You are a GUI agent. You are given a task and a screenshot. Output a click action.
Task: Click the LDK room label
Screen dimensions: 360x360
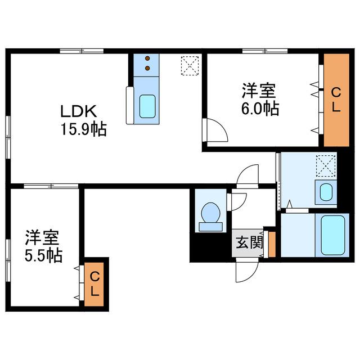point(78,111)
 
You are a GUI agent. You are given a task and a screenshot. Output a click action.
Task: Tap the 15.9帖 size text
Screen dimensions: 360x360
point(84,129)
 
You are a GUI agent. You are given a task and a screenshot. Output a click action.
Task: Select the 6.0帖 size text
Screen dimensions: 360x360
point(260,109)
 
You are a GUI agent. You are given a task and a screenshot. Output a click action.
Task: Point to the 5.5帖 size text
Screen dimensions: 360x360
point(43,255)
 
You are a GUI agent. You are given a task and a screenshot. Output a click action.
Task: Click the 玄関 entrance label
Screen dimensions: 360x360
point(249,242)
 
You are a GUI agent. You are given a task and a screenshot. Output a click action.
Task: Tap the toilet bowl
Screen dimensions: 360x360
point(210,213)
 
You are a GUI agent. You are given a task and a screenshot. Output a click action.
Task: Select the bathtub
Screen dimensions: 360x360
point(332,235)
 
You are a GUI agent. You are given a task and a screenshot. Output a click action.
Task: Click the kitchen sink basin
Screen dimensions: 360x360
point(147,106)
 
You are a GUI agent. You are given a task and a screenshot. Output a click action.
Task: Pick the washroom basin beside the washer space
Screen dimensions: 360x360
point(326,192)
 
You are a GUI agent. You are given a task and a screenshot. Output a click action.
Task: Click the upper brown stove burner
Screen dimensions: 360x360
point(147,58)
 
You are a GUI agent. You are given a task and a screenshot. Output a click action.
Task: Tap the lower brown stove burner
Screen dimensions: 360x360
point(147,68)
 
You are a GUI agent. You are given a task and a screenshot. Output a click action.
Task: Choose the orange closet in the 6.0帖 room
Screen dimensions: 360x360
point(336,100)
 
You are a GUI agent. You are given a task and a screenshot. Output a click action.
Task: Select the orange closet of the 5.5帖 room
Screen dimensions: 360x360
point(94,284)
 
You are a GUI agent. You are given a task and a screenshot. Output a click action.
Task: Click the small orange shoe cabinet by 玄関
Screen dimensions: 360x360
point(272,244)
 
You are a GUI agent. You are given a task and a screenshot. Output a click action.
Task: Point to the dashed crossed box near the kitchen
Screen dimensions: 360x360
point(190,65)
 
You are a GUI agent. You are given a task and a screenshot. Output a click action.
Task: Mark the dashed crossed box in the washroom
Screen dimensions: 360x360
point(326,166)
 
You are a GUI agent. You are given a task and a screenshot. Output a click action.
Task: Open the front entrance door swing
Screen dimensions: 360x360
point(247,271)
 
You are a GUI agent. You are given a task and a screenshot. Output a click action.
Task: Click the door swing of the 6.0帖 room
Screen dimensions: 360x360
point(216,130)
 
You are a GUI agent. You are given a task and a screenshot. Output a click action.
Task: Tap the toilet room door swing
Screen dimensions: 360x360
point(237,202)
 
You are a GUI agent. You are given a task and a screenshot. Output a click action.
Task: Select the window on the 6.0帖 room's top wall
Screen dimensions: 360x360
point(265,51)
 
